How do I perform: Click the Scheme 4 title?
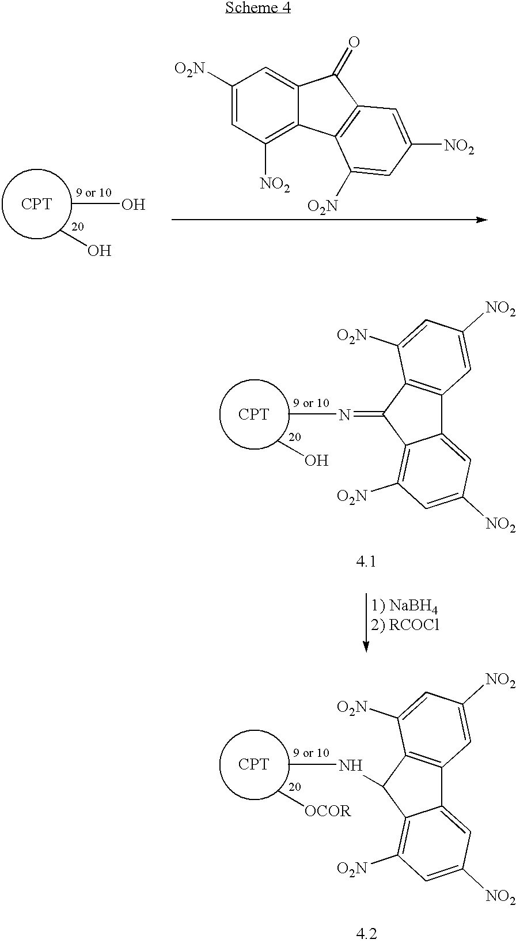point(258,7)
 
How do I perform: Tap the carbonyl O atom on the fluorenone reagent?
point(354,42)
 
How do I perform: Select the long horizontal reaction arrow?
point(329,220)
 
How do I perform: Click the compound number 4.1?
point(366,561)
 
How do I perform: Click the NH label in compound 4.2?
point(351,765)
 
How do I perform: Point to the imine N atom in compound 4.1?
point(344,416)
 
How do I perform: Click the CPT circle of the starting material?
point(37,204)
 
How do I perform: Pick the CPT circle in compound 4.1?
point(254,414)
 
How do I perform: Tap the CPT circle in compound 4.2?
point(254,764)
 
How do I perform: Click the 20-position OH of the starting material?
point(99,251)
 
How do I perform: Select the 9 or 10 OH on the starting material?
point(133,205)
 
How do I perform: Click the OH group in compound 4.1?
point(316,461)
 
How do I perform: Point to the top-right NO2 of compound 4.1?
point(500,308)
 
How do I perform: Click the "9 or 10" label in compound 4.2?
point(311,753)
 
